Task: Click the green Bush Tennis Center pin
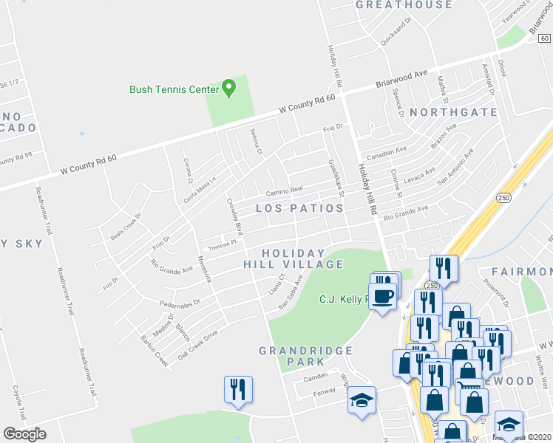pos(228,89)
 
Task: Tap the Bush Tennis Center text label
pos(174,89)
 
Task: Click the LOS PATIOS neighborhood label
pos(299,209)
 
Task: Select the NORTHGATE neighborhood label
pos(453,112)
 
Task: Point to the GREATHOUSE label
pos(404,5)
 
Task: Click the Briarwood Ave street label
pos(402,76)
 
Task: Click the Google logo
pos(24,434)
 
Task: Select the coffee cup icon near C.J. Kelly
pos(381,297)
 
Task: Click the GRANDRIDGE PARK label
pos(293,356)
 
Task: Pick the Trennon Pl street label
pos(221,244)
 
